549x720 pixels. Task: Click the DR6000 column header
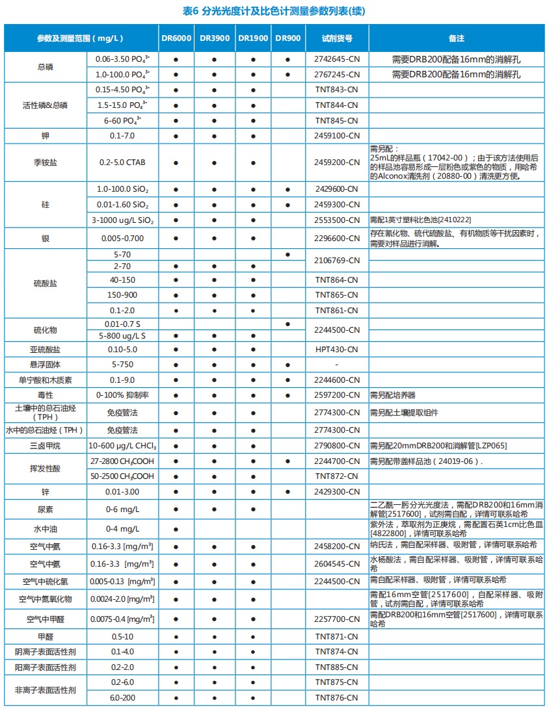[176, 38]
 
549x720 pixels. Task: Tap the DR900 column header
[288, 38]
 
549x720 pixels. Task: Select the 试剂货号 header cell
[337, 38]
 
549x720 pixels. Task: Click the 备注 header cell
[456, 38]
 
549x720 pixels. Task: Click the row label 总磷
[46, 67]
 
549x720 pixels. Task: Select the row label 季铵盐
[46, 162]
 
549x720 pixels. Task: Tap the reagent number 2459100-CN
[337, 136]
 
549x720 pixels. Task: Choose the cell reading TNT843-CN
[337, 90]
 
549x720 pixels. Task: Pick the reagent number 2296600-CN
[337, 238]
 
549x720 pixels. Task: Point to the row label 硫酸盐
[46, 284]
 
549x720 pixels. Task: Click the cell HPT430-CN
[337, 350]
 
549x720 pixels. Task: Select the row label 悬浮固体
[46, 365]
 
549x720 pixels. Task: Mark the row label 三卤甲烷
[46, 446]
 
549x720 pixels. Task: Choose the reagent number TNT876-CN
[337, 698]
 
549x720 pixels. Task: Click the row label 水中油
[46, 529]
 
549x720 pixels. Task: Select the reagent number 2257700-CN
[337, 619]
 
